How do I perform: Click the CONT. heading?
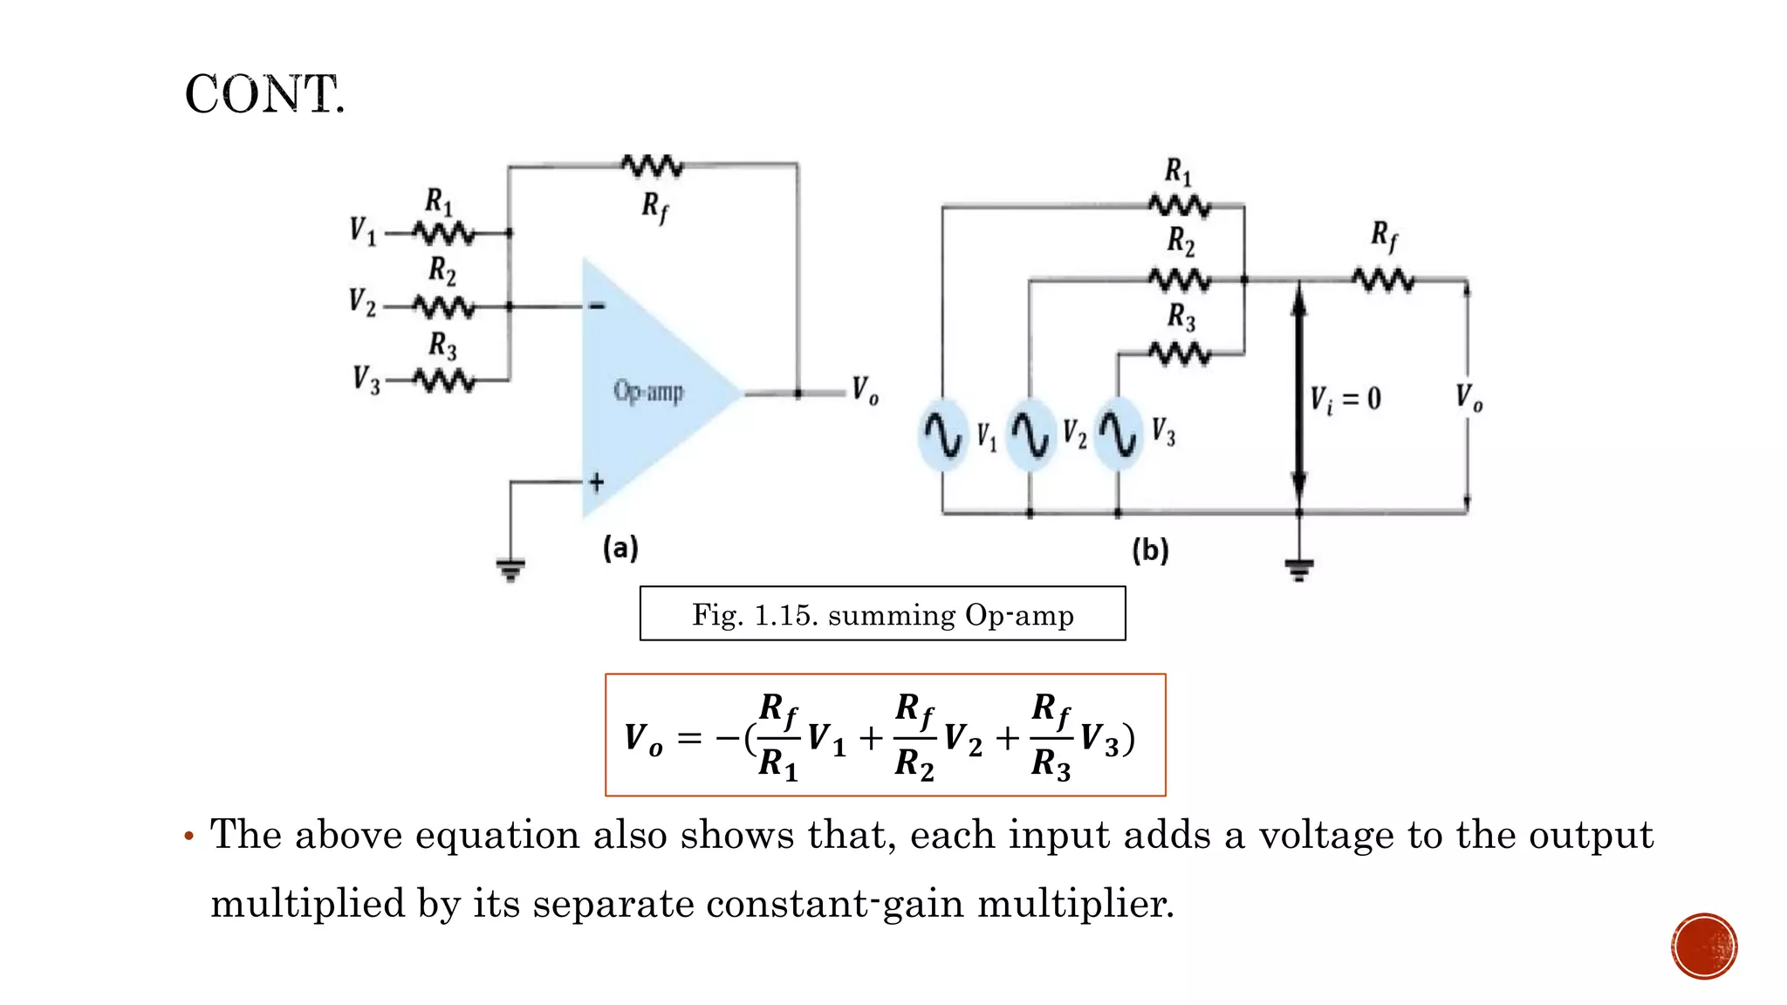pyautogui.click(x=264, y=94)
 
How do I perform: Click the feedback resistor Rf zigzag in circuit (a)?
pyautogui.click(x=652, y=165)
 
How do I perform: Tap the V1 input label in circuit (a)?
pyautogui.click(x=362, y=231)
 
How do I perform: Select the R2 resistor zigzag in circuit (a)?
pyautogui.click(x=444, y=306)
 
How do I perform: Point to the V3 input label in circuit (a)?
pyautogui.click(x=366, y=380)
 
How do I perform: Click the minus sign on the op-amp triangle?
pyautogui.click(x=597, y=305)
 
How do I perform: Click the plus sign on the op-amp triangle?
pyautogui.click(x=597, y=482)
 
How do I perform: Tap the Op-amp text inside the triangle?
pyautogui.click(x=647, y=391)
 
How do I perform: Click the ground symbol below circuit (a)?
pyautogui.click(x=510, y=570)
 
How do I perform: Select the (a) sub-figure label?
pyautogui.click(x=620, y=548)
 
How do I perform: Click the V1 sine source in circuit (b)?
pyautogui.click(x=942, y=434)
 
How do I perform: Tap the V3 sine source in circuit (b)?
pyautogui.click(x=1118, y=434)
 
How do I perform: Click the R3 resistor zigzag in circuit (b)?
pyautogui.click(x=1179, y=353)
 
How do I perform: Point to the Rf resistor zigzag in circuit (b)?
pyautogui.click(x=1383, y=280)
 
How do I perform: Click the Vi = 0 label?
pyautogui.click(x=1345, y=400)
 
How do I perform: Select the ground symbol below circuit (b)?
pyautogui.click(x=1298, y=570)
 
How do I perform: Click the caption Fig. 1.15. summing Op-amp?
pyautogui.click(x=882, y=614)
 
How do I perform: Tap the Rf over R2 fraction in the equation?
pyautogui.click(x=914, y=735)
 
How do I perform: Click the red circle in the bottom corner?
pyautogui.click(x=1704, y=947)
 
